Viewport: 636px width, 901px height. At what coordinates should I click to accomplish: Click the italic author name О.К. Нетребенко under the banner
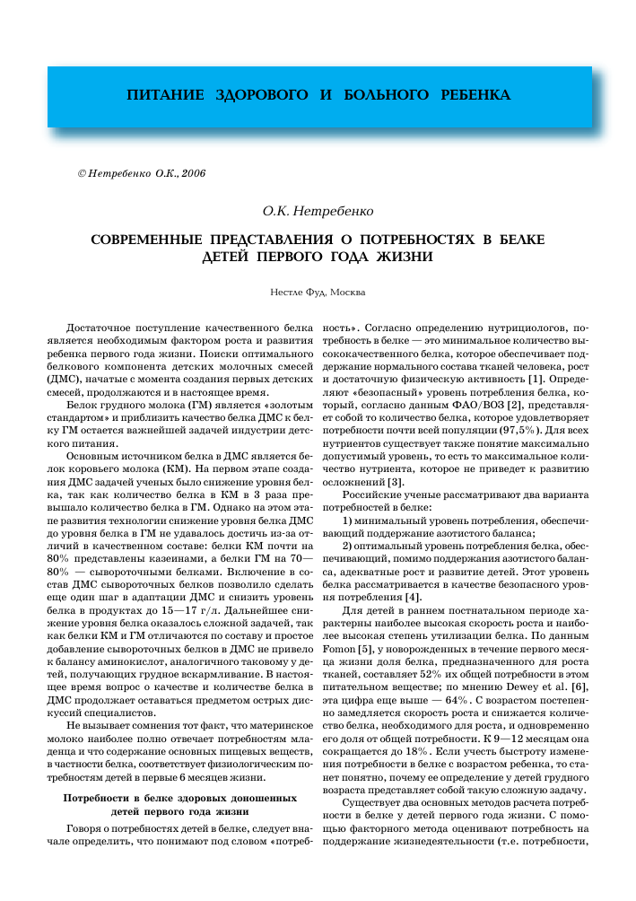tap(318, 212)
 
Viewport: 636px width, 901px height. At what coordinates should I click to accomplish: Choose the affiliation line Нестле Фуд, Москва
tap(318, 292)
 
